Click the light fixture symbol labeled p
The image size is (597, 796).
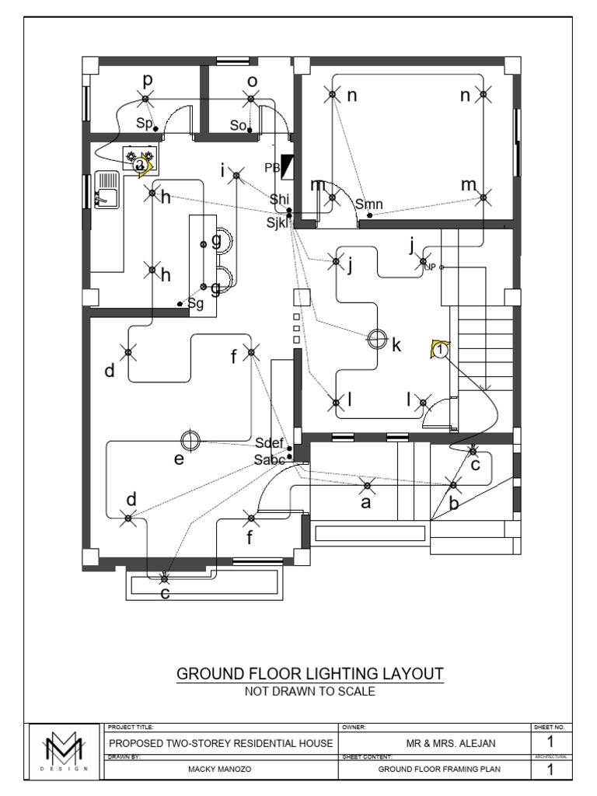(x=145, y=98)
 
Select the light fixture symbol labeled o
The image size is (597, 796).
(x=250, y=98)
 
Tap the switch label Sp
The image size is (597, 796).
(x=145, y=124)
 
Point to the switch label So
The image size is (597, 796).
(x=238, y=125)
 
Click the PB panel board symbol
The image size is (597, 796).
(x=288, y=166)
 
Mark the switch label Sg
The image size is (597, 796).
(x=195, y=304)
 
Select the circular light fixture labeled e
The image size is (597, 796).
(x=190, y=441)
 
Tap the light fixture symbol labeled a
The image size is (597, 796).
(x=368, y=487)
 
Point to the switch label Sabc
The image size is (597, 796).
(x=271, y=459)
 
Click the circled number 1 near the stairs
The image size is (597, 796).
(x=440, y=351)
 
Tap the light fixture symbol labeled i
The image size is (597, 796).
(x=237, y=177)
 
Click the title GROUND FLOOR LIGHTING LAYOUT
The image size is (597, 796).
(x=310, y=673)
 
